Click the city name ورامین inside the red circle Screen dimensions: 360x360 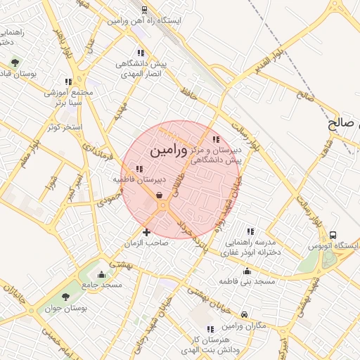point(169,150)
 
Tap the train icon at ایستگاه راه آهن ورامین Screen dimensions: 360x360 point(144,11)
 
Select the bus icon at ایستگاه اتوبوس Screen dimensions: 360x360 point(333,235)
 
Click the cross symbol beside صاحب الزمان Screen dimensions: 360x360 point(146,232)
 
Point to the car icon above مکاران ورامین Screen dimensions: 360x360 point(244,314)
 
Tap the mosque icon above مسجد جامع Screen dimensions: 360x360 point(102,274)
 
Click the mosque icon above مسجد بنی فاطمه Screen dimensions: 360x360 point(247,271)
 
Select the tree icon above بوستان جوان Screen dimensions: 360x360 point(66,297)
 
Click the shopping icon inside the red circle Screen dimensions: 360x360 point(160,195)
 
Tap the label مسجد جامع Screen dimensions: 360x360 point(102,285)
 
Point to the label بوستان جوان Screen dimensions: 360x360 point(65,308)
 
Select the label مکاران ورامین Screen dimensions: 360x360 point(244,326)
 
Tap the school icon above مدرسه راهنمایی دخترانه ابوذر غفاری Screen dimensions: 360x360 point(250,231)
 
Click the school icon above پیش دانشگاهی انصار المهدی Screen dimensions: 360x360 point(141,52)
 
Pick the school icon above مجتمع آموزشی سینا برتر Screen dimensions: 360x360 point(68,82)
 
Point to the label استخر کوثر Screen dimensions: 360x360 point(63,127)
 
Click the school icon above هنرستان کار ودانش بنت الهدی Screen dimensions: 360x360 point(210,329)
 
